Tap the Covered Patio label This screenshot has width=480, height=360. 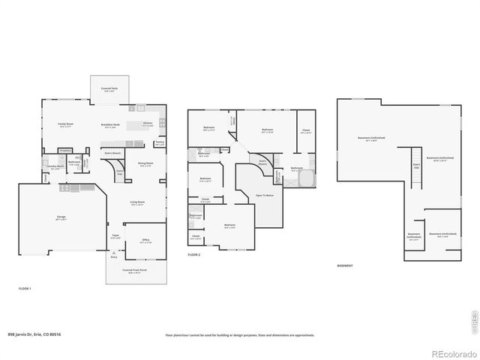109,89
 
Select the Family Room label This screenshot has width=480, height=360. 65,124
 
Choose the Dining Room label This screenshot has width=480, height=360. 145,163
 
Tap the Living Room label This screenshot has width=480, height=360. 137,203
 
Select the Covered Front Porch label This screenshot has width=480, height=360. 136,272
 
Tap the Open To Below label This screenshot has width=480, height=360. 264,194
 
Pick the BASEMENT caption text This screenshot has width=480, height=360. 345,265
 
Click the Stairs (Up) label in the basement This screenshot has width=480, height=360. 416,167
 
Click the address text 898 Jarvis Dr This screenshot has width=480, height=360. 34,334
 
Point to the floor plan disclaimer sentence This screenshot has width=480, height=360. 240,334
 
